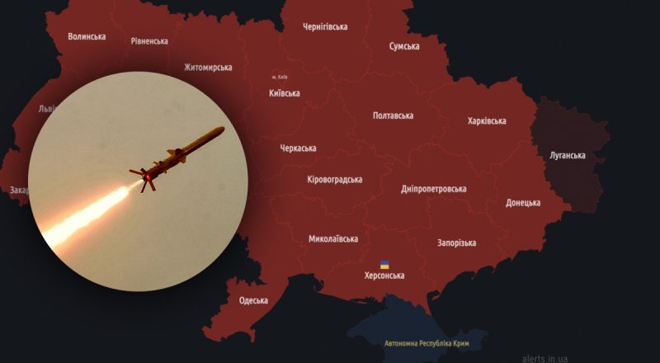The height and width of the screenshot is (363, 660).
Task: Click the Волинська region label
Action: tap(87, 36)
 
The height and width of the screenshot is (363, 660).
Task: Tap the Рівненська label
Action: tap(149, 41)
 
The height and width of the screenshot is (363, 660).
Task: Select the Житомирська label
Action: tap(208, 68)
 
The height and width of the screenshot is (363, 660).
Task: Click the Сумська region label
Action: tap(404, 46)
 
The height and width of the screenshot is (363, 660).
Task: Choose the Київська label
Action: tap(285, 93)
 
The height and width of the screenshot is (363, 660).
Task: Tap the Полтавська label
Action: tap(393, 115)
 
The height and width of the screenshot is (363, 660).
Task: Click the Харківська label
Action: tap(487, 120)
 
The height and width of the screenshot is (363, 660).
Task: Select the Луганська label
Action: tap(567, 155)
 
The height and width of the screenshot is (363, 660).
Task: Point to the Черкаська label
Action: tap(298, 148)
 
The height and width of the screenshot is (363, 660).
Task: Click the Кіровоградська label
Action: tap(335, 179)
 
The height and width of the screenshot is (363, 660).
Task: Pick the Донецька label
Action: tap(523, 203)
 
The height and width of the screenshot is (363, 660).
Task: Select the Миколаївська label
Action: tap(333, 239)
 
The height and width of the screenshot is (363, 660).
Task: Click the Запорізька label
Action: tap(456, 243)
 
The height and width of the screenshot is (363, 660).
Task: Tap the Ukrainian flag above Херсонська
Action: tap(384, 265)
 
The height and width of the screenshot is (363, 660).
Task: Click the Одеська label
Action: tap(253, 300)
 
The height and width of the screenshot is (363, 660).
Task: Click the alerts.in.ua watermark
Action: tap(544, 358)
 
